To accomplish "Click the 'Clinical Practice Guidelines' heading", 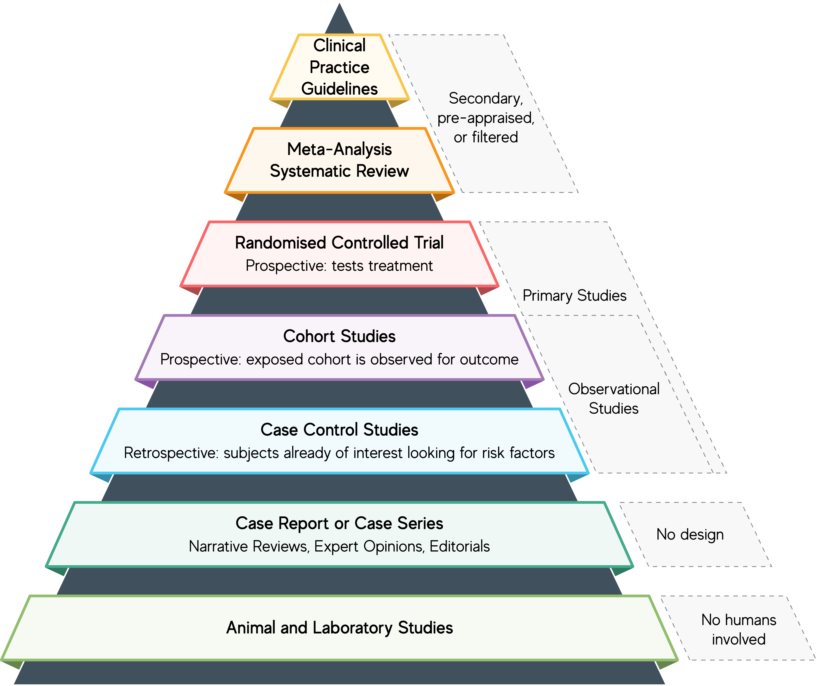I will coord(339,67).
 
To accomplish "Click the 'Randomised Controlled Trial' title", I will coord(339,243).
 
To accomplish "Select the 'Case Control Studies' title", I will coord(339,430).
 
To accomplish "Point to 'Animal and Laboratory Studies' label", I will coord(339,628).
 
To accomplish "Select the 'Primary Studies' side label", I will coord(574,296).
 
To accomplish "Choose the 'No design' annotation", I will coord(690,534).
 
